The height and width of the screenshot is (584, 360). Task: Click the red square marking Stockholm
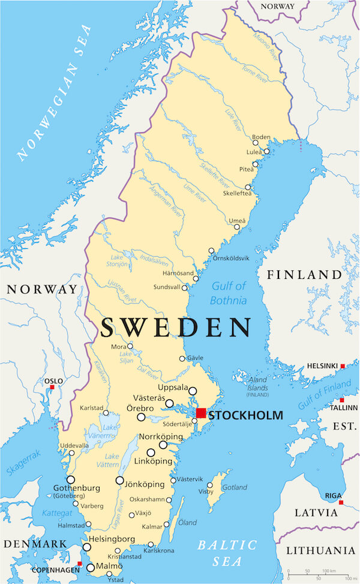pos(201,413)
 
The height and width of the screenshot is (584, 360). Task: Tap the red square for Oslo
pos(52,387)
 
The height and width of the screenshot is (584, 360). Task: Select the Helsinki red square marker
pos(343,366)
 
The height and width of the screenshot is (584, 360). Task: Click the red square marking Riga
pos(341,502)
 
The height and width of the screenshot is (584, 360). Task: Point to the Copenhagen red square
pos(79,564)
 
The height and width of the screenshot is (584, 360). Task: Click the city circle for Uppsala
pos(193,391)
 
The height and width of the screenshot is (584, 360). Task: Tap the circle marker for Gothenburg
pos(71,480)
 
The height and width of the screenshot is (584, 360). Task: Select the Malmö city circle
pos(91,567)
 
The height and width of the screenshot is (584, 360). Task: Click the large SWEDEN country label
pos(175,328)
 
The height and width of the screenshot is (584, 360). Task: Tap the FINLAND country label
pos(304,275)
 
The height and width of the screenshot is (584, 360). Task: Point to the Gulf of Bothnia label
pos(229,293)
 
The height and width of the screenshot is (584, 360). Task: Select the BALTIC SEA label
pos(227,552)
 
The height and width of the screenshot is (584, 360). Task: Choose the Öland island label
pos(187,522)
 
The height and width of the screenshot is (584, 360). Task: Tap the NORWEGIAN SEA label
pos(55,92)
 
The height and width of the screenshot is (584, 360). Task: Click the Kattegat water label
pos(58,514)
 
